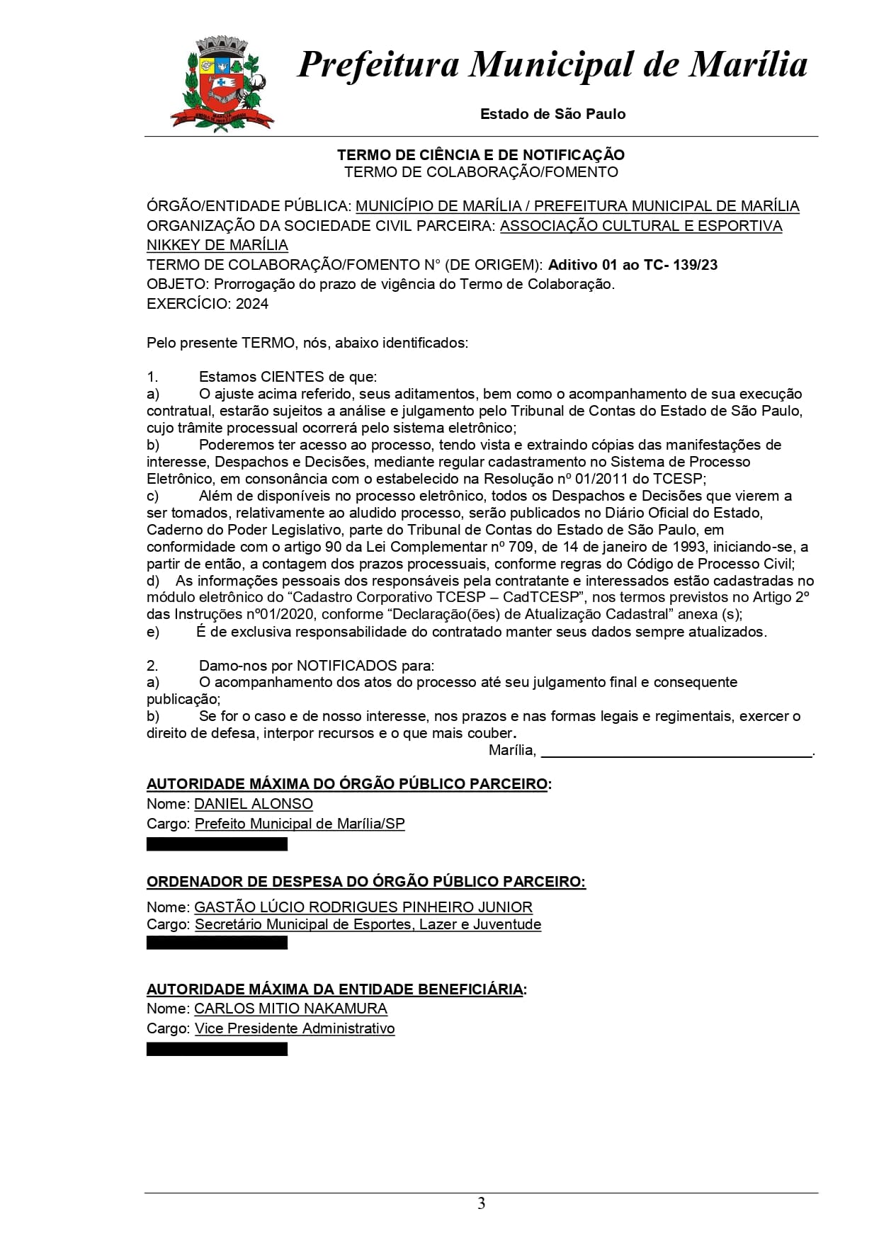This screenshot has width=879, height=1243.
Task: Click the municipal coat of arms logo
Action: (220, 85)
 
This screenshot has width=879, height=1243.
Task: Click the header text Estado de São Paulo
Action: (552, 114)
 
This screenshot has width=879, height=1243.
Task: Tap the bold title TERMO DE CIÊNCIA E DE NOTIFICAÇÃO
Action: (480, 154)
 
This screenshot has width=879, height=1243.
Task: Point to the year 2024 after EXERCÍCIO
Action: (252, 304)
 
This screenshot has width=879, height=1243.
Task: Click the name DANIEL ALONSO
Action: (254, 804)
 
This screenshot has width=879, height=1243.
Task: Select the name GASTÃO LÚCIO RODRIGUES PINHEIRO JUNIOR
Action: (363, 907)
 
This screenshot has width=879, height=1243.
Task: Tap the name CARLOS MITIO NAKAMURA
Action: (290, 1009)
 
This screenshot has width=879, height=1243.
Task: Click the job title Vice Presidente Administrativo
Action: (295, 1028)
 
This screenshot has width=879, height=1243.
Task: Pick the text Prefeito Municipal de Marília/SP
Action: (300, 824)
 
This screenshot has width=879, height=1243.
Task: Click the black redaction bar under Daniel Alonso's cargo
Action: (217, 844)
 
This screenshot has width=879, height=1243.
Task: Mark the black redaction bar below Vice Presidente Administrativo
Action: (217, 1049)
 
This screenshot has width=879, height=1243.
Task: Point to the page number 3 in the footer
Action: (482, 1204)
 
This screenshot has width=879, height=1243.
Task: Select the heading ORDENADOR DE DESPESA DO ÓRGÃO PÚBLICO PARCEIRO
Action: (365, 882)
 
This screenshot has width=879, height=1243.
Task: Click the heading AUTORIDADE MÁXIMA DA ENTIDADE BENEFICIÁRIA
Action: (336, 989)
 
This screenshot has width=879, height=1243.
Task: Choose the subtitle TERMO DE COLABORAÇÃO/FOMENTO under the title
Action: (481, 172)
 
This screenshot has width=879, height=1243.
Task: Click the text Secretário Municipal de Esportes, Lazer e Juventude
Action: (368, 924)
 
